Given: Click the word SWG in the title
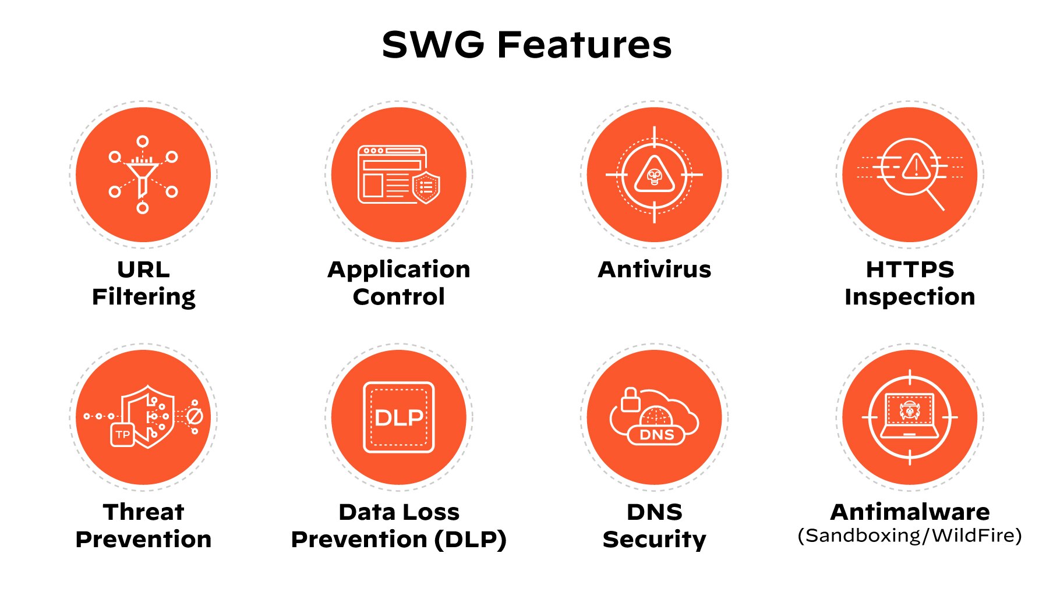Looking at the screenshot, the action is (x=433, y=45).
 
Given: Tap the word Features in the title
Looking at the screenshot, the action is (x=584, y=45).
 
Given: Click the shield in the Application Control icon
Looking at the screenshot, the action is (x=426, y=187).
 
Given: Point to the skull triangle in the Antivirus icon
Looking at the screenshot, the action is (x=655, y=174).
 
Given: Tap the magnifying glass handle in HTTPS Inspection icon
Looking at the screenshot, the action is (x=935, y=200).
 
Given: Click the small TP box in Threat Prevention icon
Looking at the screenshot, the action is (x=122, y=434).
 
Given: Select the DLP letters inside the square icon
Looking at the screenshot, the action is (x=399, y=417).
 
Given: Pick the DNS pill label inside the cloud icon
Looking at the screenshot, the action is (x=656, y=435).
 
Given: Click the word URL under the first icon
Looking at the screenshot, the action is (x=144, y=270).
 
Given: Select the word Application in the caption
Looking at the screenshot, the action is (x=399, y=270).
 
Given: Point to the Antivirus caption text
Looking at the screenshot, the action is (x=655, y=270).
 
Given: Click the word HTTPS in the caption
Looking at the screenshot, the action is (x=910, y=270).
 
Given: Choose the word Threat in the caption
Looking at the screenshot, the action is (x=144, y=512).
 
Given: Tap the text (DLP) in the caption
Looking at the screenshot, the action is (x=471, y=540).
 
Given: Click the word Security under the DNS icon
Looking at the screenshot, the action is (x=655, y=540).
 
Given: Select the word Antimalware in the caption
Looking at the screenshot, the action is (x=910, y=512).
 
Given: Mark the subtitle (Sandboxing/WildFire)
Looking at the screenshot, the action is (x=910, y=536).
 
